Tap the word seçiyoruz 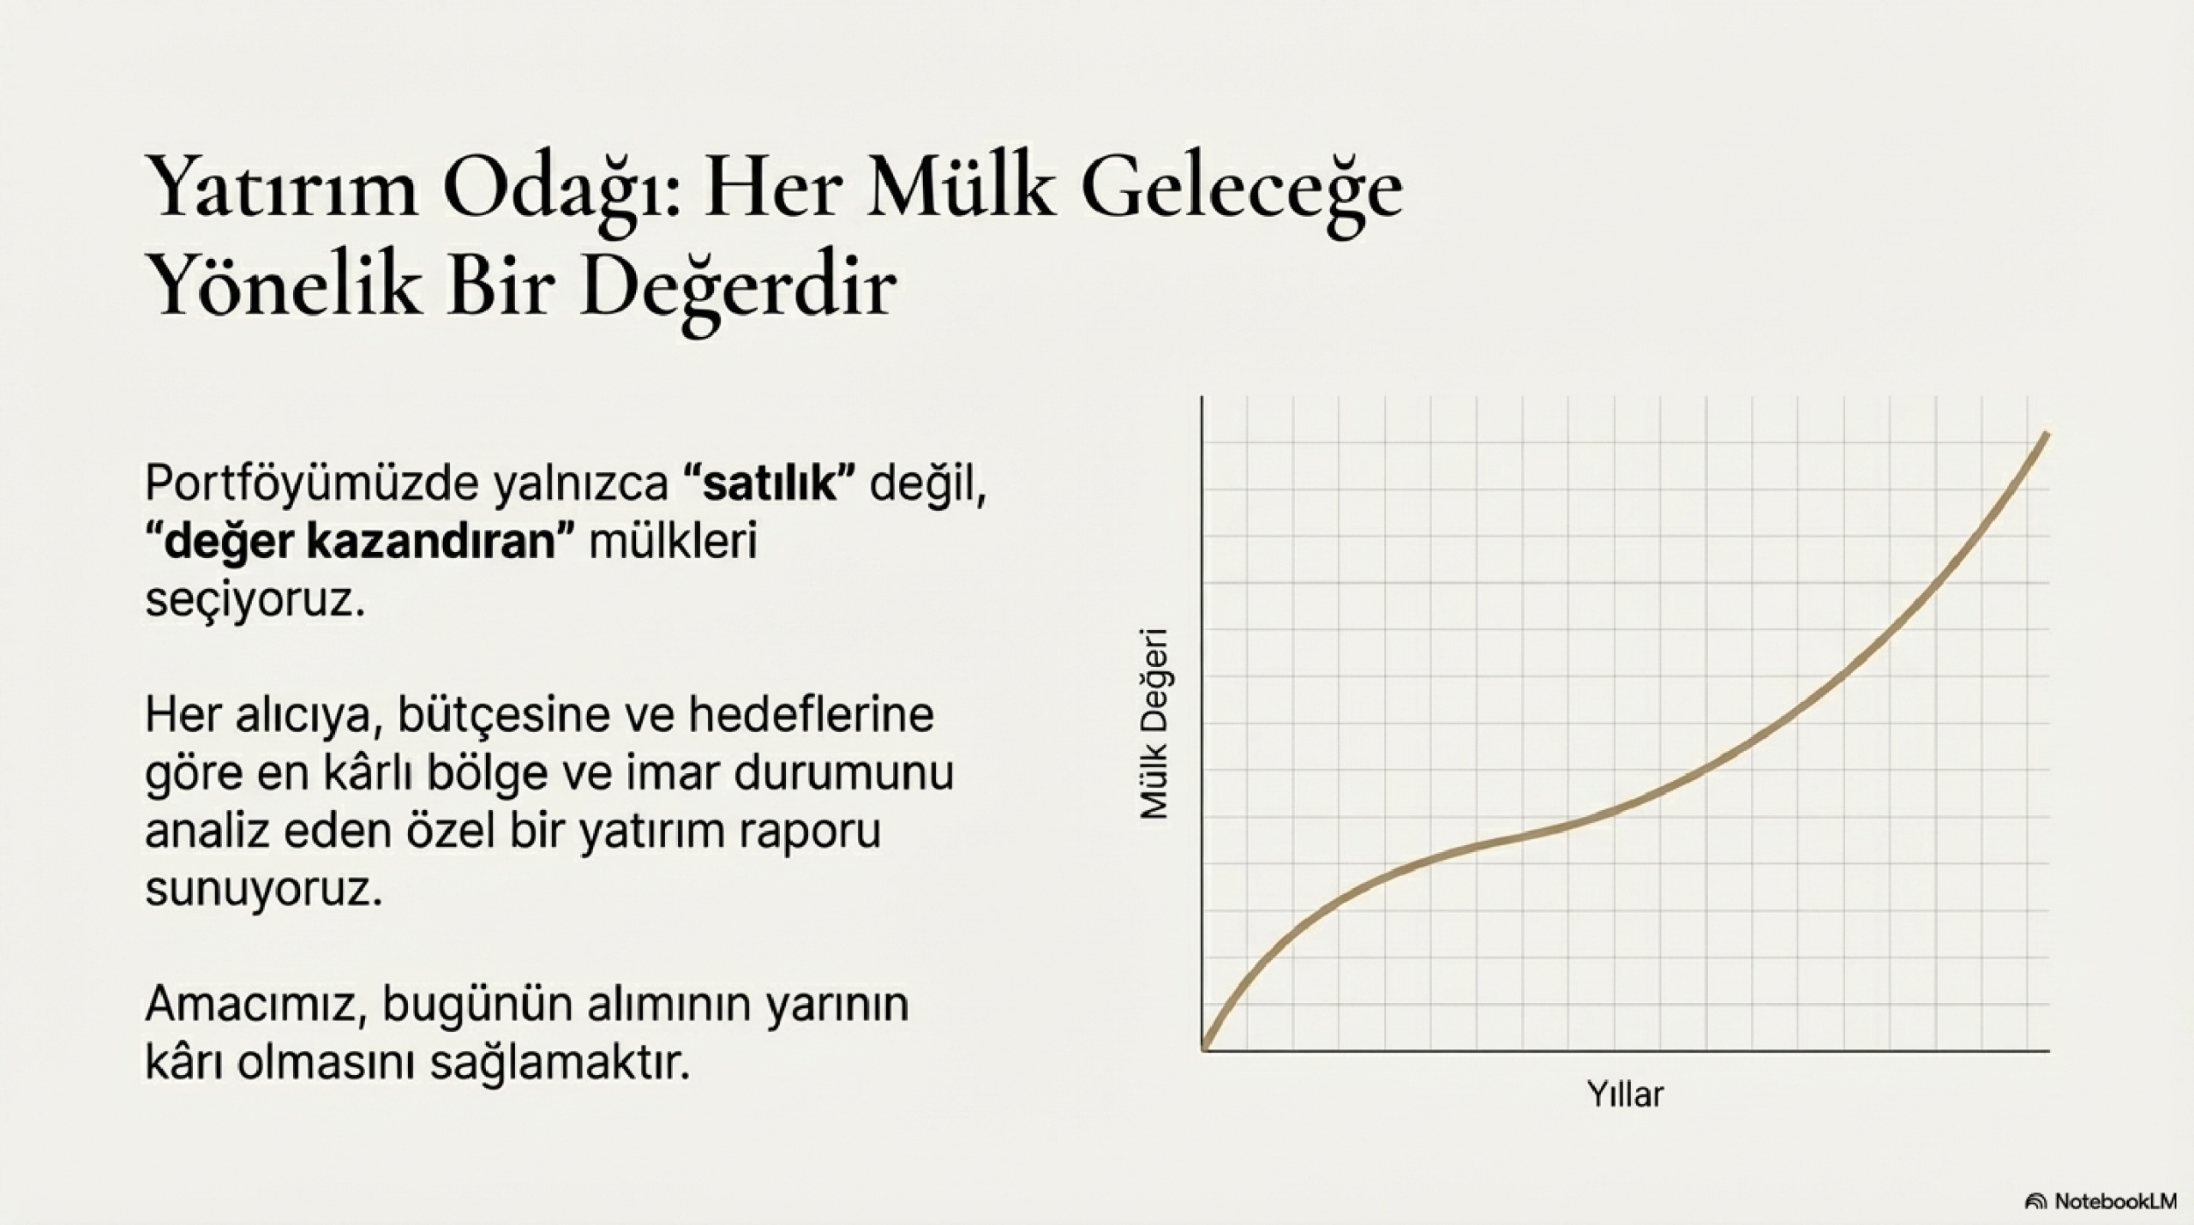(x=255, y=600)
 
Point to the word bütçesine (x=499, y=716)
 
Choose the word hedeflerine (x=811, y=715)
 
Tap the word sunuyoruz (x=262, y=890)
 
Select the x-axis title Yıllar (x=1624, y=1095)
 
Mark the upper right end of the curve (x=2047, y=435)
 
